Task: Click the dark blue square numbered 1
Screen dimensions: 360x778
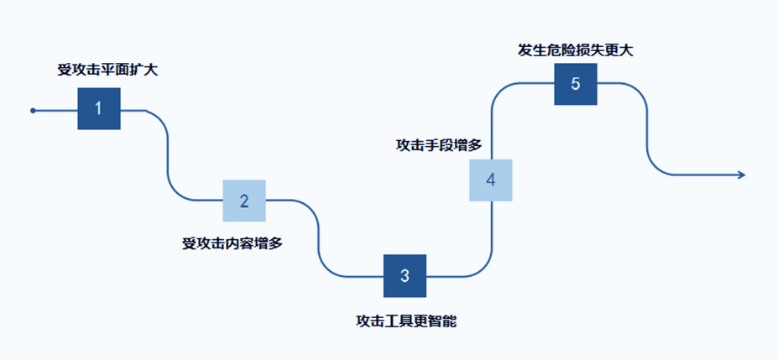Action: point(99,109)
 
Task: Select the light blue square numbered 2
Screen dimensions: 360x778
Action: point(244,201)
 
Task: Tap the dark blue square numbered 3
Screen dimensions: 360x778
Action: point(405,276)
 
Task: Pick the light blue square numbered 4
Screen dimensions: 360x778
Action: point(491,180)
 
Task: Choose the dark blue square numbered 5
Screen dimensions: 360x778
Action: point(576,84)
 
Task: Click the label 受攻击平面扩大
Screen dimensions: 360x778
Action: point(107,70)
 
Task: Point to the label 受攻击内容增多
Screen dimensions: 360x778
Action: point(232,243)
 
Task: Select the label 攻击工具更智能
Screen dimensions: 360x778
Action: point(406,321)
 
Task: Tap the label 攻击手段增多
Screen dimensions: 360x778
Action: point(439,144)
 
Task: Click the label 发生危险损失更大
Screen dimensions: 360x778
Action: point(575,50)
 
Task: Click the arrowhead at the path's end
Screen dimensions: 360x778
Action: point(740,175)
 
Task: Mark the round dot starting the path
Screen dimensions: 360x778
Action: point(33,110)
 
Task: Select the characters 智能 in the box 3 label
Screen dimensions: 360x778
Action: point(442,321)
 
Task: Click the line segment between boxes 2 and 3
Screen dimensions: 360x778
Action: point(318,239)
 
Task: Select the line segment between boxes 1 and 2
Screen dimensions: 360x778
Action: point(168,155)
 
